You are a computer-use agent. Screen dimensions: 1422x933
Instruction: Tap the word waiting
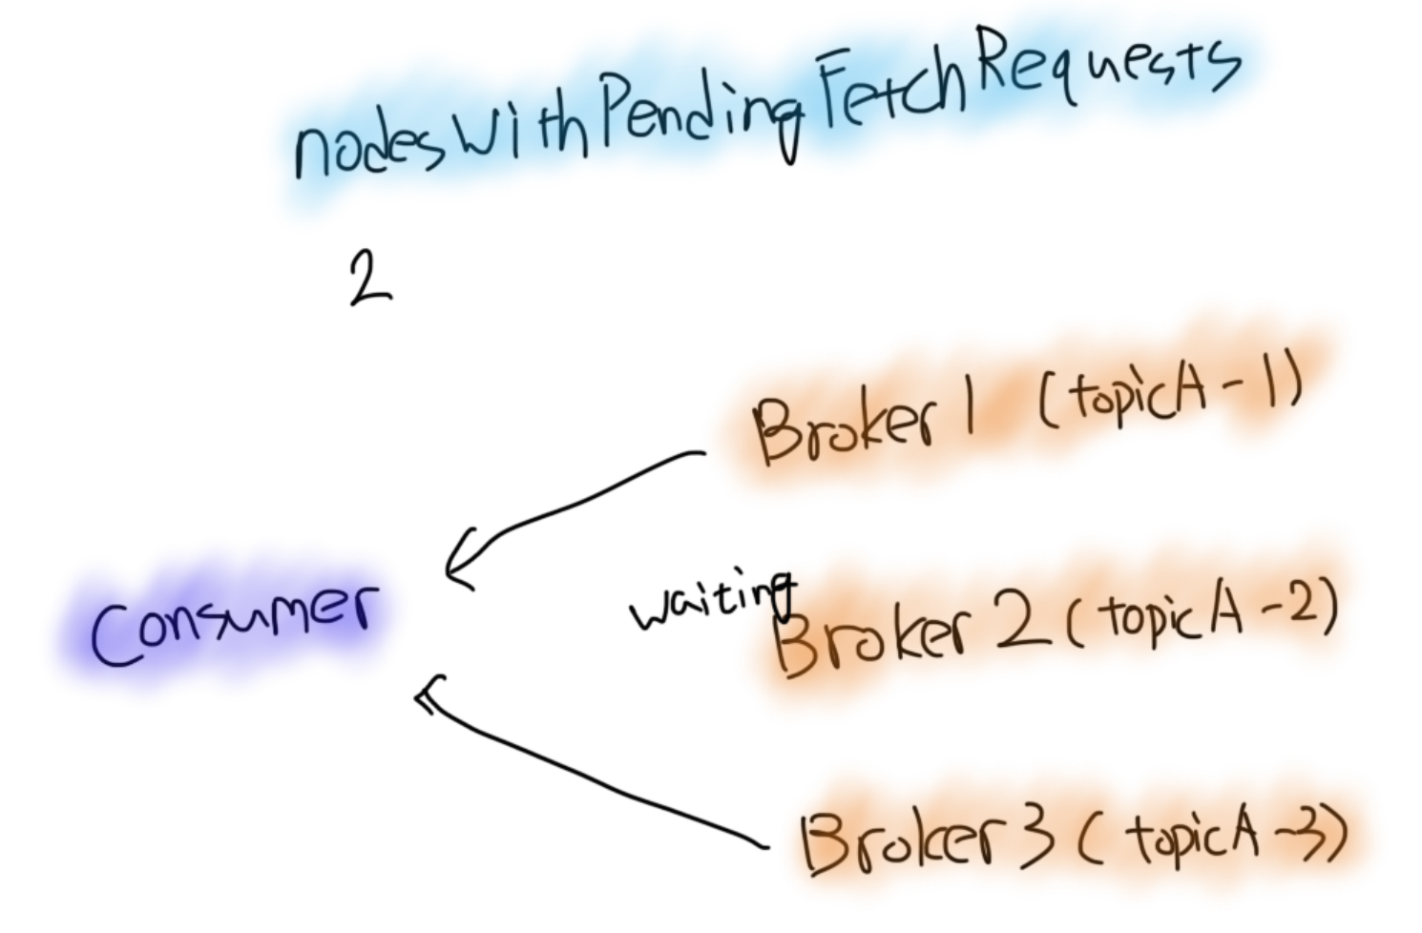tap(711, 603)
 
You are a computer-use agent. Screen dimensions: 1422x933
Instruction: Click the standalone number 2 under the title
tap(369, 278)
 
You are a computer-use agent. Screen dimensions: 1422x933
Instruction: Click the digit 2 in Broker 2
tap(1021, 625)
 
